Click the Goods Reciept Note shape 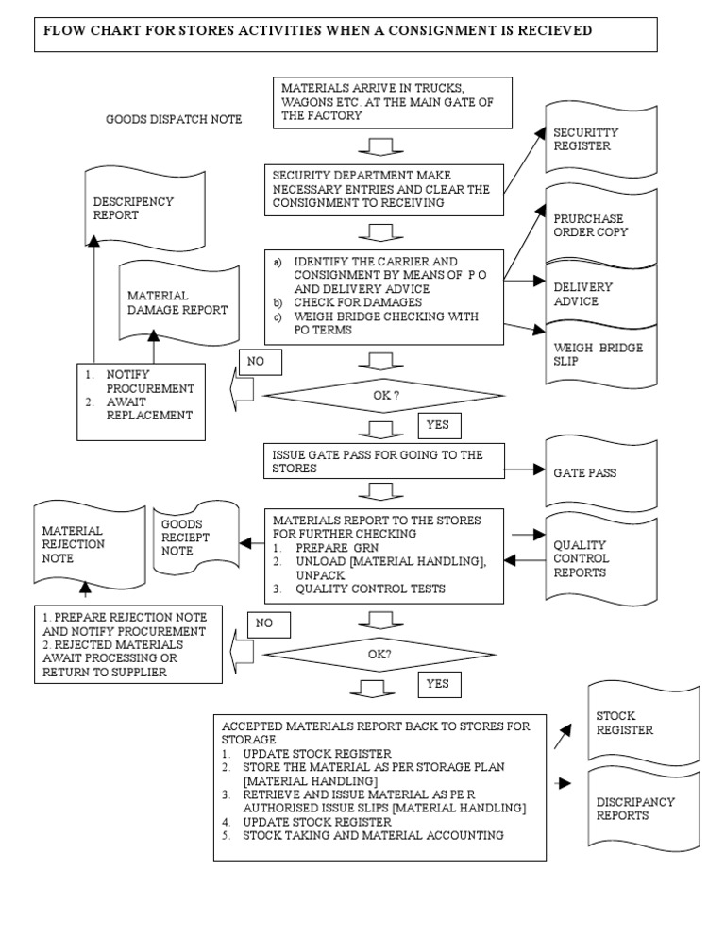[x=193, y=538]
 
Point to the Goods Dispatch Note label [x=174, y=119]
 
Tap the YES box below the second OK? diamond [x=437, y=683]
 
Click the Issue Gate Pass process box [x=384, y=461]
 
